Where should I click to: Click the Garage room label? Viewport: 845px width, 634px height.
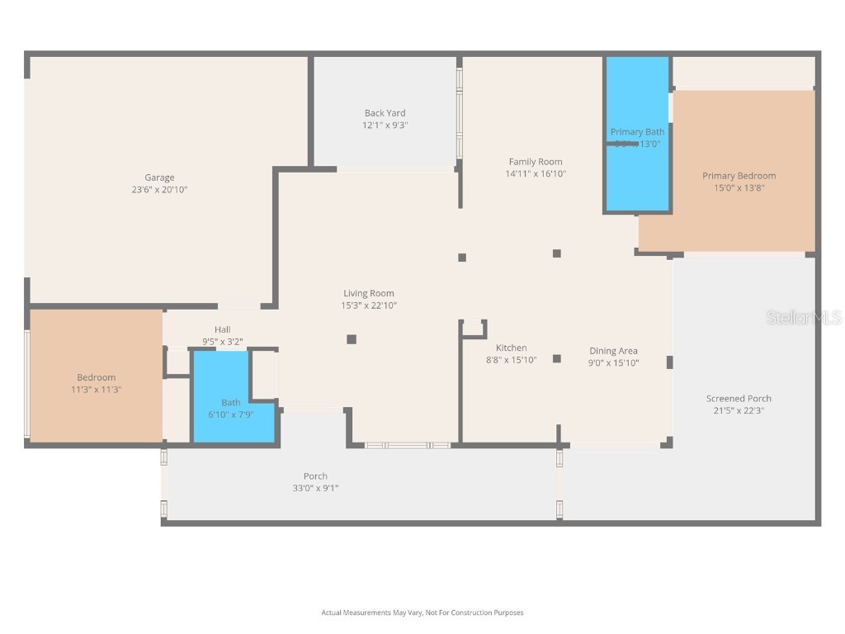159,177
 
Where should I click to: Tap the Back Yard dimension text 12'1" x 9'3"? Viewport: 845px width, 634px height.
385,125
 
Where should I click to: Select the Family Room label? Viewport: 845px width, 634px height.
535,162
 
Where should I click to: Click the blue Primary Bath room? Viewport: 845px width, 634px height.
637,173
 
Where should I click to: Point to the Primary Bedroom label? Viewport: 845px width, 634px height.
739,176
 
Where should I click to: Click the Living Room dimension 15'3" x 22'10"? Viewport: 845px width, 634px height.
368,305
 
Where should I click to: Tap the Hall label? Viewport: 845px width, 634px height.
222,329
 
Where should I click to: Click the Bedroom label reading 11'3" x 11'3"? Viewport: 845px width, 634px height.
97,390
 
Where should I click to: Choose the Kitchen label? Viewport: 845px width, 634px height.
511,348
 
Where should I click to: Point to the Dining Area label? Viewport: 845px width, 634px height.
613,351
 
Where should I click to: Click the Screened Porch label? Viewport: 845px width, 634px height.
739,399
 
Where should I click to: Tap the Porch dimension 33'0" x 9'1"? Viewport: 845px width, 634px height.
314,488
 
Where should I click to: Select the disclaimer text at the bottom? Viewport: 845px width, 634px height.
422,613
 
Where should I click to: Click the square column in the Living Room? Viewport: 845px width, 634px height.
352,338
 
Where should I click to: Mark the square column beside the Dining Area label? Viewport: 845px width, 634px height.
557,358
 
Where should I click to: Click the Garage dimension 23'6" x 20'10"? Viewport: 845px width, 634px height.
159,190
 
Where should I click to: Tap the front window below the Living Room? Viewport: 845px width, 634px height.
407,446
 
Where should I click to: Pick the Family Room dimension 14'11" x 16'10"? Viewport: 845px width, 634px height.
535,174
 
